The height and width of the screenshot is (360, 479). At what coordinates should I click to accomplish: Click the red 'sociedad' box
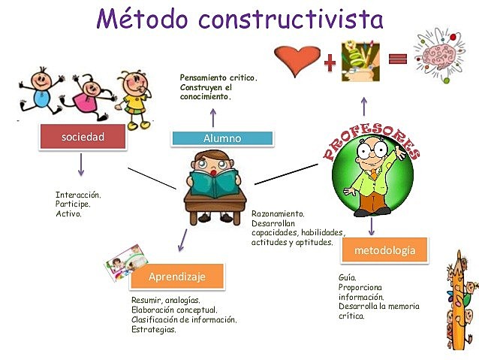pyautogui.click(x=82, y=138)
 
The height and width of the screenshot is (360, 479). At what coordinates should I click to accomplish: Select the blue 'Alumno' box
pyautogui.click(x=221, y=138)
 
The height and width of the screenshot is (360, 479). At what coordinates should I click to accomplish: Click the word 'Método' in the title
pyautogui.click(x=146, y=17)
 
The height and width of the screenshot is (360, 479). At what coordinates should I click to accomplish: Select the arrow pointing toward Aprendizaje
pyautogui.click(x=181, y=241)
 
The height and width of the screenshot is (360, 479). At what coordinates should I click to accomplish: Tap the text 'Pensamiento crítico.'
pyautogui.click(x=218, y=77)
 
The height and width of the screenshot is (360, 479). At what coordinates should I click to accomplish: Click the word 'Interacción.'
pyautogui.click(x=77, y=195)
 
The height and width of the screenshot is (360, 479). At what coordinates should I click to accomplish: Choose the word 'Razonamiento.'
pyautogui.click(x=278, y=214)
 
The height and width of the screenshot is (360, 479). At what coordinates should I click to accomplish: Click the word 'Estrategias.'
pyautogui.click(x=154, y=329)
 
